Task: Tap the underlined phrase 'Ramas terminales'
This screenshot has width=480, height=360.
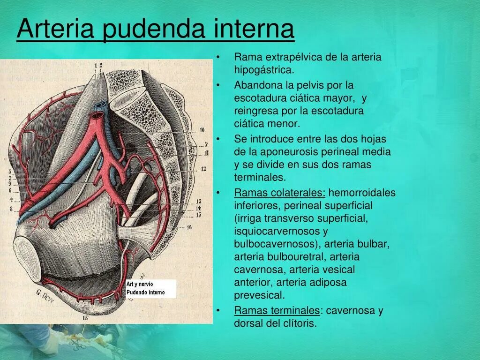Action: pyautogui.click(x=277, y=311)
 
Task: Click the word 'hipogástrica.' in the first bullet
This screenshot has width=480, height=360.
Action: pyautogui.click(x=264, y=70)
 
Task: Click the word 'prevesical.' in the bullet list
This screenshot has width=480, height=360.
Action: pyautogui.click(x=259, y=295)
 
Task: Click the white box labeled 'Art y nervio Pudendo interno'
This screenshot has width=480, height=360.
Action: pyautogui.click(x=151, y=288)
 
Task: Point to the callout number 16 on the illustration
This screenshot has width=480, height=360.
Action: pyautogui.click(x=189, y=227)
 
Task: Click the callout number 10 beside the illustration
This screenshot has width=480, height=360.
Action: pyautogui.click(x=202, y=130)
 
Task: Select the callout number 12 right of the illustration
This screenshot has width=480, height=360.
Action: pyautogui.click(x=203, y=169)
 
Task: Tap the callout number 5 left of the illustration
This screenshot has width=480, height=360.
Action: pyautogui.click(x=10, y=172)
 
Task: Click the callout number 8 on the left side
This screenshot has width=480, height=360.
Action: pyautogui.click(x=11, y=209)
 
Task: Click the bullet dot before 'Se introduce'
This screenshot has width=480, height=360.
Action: pyautogui.click(x=218, y=139)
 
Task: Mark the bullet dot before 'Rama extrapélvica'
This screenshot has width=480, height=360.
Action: pyautogui.click(x=218, y=58)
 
